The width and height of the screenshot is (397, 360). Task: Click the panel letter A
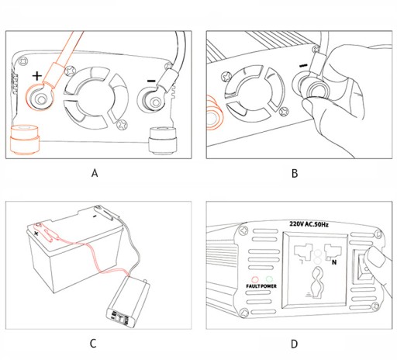pos(95,173)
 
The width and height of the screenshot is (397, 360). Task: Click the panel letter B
pos(295,173)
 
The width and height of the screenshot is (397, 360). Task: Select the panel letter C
pos(93,344)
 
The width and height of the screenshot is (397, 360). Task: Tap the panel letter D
pos(295,344)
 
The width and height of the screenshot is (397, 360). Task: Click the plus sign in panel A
pos(37,76)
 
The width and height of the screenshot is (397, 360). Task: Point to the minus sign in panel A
pos(151,81)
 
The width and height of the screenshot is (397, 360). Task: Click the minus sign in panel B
pos(304,65)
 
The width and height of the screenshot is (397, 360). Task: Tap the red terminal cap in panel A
pos(25,140)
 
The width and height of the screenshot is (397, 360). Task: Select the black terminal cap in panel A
pos(163,141)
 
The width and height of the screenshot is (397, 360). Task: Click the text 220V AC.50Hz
pos(309,224)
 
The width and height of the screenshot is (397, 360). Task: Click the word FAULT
pos(253,286)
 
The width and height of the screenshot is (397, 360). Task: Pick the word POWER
pos(268,286)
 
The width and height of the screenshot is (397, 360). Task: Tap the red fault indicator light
pos(255,279)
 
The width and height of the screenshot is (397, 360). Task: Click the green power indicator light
pos(269,279)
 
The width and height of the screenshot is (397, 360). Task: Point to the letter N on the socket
pos(334,262)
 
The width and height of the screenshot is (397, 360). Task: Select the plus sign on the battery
pos(36,234)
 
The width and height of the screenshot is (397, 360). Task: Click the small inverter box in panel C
pos(128,302)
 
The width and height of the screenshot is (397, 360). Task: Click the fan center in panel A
pos(96,98)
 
